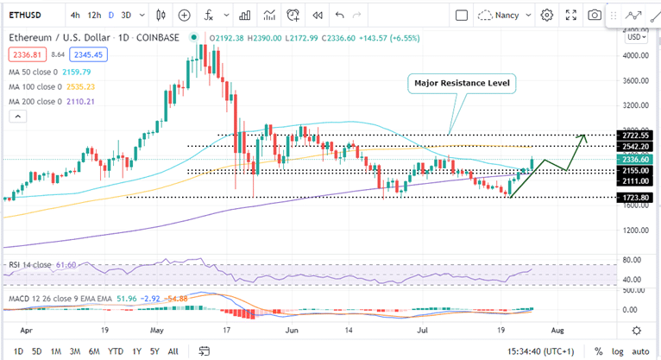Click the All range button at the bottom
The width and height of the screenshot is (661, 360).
coord(173,351)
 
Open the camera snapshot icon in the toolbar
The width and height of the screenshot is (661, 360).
coord(595,15)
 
